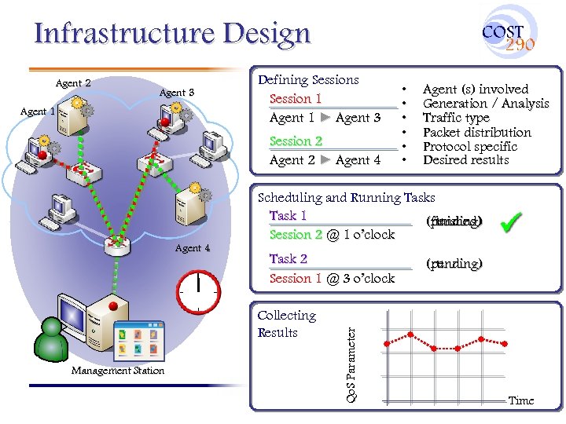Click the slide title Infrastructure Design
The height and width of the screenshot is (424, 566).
click(173, 34)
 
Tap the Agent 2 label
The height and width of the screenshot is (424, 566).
click(73, 83)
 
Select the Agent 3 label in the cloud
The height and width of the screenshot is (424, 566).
click(176, 93)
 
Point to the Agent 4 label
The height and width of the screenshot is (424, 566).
click(193, 248)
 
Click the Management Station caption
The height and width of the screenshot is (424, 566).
click(118, 371)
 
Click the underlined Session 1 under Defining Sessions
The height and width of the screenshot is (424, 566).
click(296, 99)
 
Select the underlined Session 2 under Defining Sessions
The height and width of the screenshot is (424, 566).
click(296, 141)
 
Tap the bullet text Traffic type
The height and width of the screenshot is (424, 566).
click(456, 118)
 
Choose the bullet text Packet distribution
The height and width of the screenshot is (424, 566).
click(476, 132)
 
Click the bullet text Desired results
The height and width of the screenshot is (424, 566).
click(465, 160)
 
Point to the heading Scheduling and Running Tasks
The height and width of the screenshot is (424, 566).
click(346, 198)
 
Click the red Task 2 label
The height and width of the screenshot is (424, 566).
click(288, 258)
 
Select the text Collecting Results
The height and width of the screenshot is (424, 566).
click(286, 323)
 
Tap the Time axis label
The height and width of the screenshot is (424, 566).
click(520, 400)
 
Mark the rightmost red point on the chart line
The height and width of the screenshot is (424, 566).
click(505, 342)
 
